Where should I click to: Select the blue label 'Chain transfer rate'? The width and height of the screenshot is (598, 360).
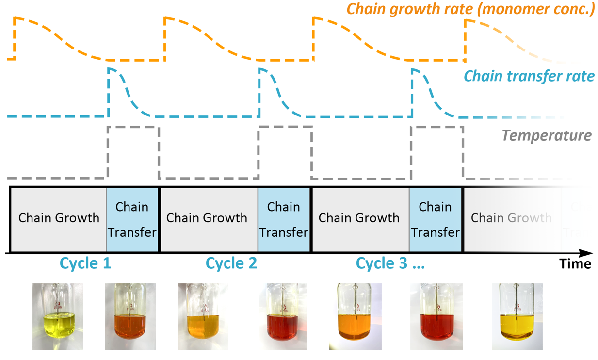tap(529, 76)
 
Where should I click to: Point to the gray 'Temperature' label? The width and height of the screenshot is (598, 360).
tap(547, 135)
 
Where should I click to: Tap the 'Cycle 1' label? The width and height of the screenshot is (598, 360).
tap(85, 263)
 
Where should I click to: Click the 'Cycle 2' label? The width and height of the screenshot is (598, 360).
tap(231, 263)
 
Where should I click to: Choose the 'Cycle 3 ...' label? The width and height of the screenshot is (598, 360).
tap(390, 263)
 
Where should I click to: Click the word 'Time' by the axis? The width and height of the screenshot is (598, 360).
tap(575, 264)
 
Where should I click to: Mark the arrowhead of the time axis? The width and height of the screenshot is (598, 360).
tap(587, 253)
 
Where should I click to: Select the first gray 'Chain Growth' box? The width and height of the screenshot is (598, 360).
tap(59, 218)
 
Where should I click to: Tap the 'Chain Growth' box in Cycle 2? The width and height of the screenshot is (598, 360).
tap(207, 218)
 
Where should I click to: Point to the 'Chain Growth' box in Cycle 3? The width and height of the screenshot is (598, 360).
tap(359, 218)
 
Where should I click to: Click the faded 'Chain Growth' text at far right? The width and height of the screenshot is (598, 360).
tap(511, 218)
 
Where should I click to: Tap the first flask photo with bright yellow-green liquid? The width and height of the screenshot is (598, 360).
tap(58, 317)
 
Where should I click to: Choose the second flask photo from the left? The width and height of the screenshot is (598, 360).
tap(130, 317)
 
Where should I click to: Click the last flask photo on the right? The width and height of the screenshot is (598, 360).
tap(517, 317)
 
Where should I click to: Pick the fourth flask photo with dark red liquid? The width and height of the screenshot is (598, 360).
tap(283, 317)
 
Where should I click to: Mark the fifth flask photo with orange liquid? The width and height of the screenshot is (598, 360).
tap(355, 317)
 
